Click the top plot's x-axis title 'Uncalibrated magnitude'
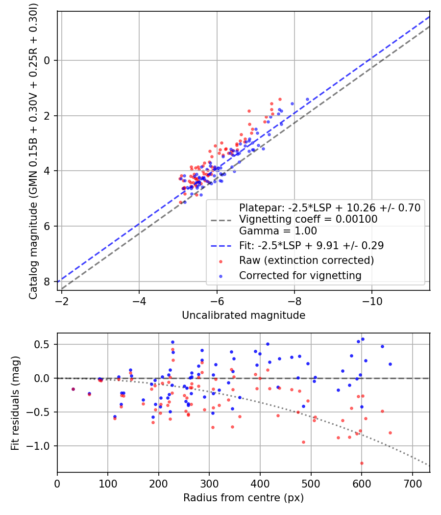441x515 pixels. (244, 315)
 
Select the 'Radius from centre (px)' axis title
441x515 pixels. (244, 498)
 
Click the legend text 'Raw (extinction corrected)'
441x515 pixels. (306, 260)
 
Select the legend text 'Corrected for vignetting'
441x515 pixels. (300, 276)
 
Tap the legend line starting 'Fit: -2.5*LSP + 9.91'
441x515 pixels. (311, 245)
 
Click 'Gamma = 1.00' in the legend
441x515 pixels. (278, 231)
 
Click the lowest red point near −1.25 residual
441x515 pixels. (362, 463)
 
